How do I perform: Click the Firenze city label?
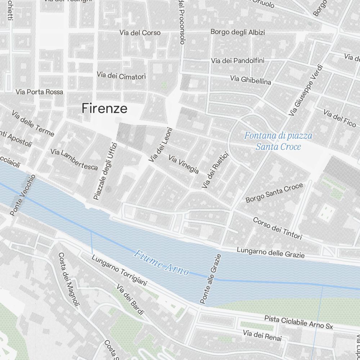[104, 108]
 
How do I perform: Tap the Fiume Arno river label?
[161, 263]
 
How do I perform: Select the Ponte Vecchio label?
[23, 195]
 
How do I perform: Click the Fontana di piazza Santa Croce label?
[278, 141]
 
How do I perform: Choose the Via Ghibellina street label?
[251, 80]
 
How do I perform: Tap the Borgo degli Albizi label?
[238, 32]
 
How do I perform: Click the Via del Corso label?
[140, 33]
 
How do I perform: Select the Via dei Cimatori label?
[121, 76]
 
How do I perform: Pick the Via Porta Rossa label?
[39, 92]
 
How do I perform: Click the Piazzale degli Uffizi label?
[105, 171]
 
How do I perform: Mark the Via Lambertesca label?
[74, 159]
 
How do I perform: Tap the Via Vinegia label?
[184, 164]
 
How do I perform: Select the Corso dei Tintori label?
[277, 228]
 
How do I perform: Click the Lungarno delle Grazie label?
[271, 253]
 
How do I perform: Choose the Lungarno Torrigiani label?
[119, 271]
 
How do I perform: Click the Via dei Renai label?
[262, 336]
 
